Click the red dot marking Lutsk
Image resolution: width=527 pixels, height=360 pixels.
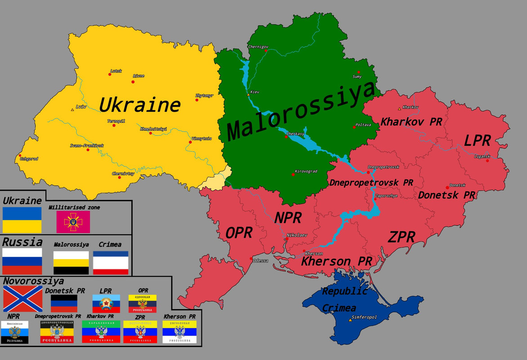coord(110,74)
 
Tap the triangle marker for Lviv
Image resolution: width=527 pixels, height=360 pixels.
coord(72,109)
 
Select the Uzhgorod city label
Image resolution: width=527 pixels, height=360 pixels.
coord(29,159)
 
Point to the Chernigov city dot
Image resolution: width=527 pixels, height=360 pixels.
coord(266,50)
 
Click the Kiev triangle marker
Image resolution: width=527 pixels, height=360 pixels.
coord(248,94)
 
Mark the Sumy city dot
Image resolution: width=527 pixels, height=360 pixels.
coord(359,72)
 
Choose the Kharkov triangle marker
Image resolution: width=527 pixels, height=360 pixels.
coord(399,108)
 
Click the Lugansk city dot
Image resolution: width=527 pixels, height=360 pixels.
coord(487,161)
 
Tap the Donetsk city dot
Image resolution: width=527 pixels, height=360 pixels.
coord(447,188)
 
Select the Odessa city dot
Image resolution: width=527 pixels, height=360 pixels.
coord(251,258)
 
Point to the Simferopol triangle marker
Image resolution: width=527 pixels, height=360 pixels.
coord(350,320)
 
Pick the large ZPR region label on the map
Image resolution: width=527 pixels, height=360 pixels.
coord(402,237)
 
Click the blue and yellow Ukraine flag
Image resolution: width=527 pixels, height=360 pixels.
coord(22,220)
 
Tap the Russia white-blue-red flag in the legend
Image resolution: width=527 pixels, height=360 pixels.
coord(22,261)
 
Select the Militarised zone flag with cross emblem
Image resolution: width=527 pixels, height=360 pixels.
coord(73,222)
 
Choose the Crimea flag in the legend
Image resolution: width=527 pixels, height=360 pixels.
coord(111,263)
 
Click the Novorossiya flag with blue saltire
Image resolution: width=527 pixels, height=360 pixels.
coord(23,299)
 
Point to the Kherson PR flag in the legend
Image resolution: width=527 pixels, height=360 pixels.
coord(179,332)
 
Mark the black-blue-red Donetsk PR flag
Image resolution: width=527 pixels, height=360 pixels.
coord(64,304)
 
